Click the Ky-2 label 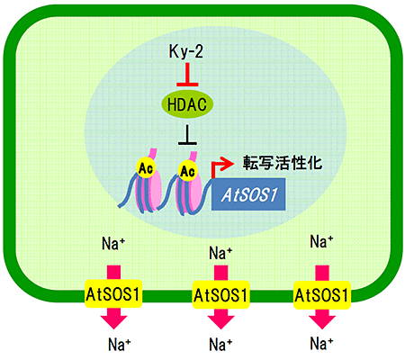tap(186, 51)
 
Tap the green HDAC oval tap(187, 104)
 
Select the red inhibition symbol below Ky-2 tap(187, 75)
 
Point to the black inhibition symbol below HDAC tap(187, 135)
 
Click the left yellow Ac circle tap(146, 168)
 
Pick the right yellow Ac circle tap(188, 171)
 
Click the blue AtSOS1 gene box tap(248, 194)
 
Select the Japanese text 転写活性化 tap(283, 163)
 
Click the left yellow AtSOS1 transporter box tap(113, 294)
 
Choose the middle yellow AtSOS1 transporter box tap(220, 295)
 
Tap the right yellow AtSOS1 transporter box tap(322, 295)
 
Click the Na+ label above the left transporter tap(113, 243)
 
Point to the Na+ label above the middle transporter tap(220, 253)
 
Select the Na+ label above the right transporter tap(321, 241)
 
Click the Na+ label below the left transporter tap(119, 344)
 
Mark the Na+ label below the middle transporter tap(220, 344)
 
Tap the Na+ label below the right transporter tap(321, 343)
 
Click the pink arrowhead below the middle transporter tap(220, 320)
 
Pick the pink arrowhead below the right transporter tap(322, 320)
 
